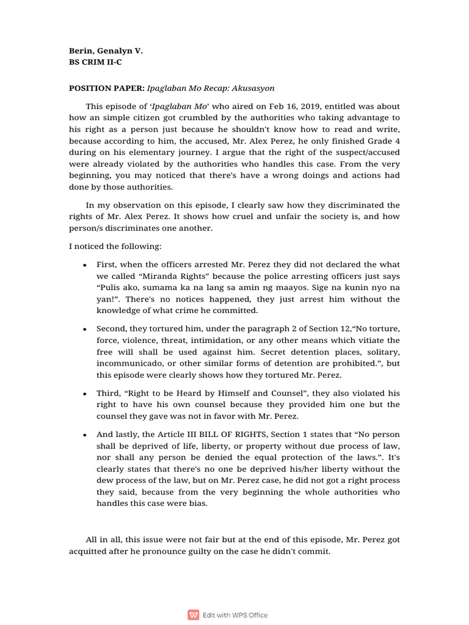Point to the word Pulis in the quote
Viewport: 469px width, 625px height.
pos(111,288)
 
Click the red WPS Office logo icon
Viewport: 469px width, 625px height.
pos(194,615)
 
